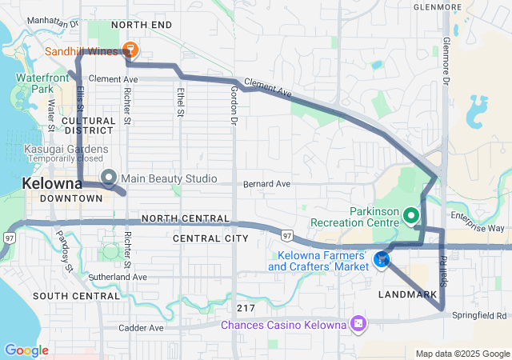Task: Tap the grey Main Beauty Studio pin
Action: (108, 177)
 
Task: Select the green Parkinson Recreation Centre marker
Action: (411, 214)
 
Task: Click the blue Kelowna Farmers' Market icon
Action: (382, 258)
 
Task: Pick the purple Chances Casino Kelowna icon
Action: (358, 324)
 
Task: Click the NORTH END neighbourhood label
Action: (142, 26)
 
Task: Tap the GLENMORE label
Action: (438, 7)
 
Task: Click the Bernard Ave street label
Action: (267, 183)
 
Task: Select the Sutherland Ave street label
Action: (118, 277)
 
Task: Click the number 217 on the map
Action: (246, 307)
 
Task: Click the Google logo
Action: (26, 350)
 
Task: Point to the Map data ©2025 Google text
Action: (462, 354)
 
